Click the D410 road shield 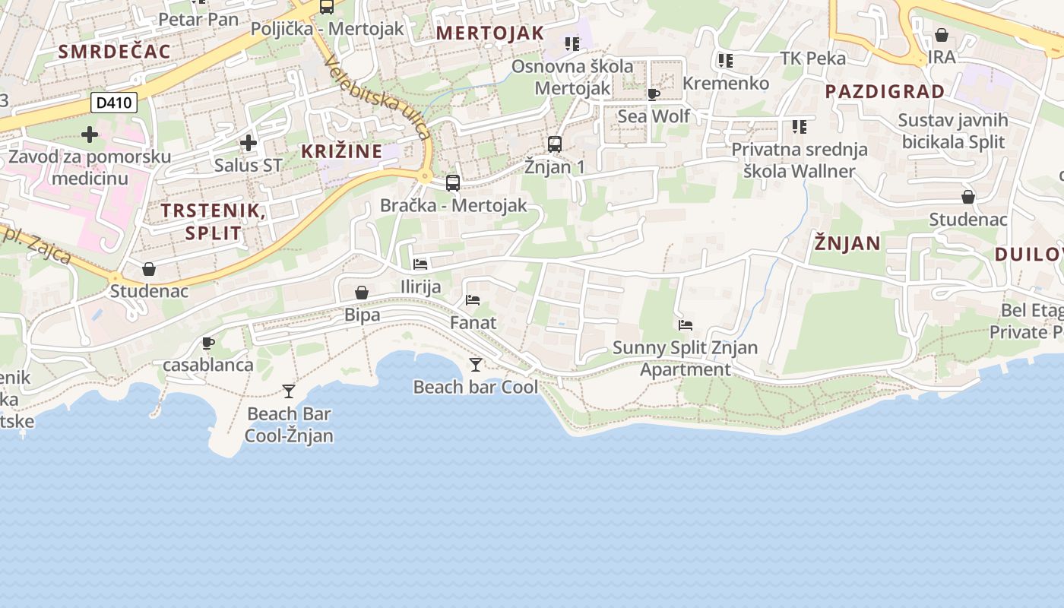(114, 102)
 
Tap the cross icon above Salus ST (248, 142)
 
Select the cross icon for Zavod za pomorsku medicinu (90, 135)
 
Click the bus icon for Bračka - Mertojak (453, 182)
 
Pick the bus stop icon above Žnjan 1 (555, 144)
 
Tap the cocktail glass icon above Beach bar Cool (476, 365)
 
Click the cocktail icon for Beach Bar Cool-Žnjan (289, 391)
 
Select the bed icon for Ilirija (420, 264)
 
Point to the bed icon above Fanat (473, 300)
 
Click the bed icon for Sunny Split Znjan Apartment (686, 325)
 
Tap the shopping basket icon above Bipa (362, 293)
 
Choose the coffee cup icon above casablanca (208, 343)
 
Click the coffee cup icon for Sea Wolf (653, 94)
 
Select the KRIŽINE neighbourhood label (342, 151)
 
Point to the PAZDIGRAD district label (885, 92)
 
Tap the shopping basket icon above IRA (942, 35)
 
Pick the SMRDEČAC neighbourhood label (115, 52)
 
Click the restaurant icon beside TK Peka (726, 60)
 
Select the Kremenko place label (726, 83)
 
